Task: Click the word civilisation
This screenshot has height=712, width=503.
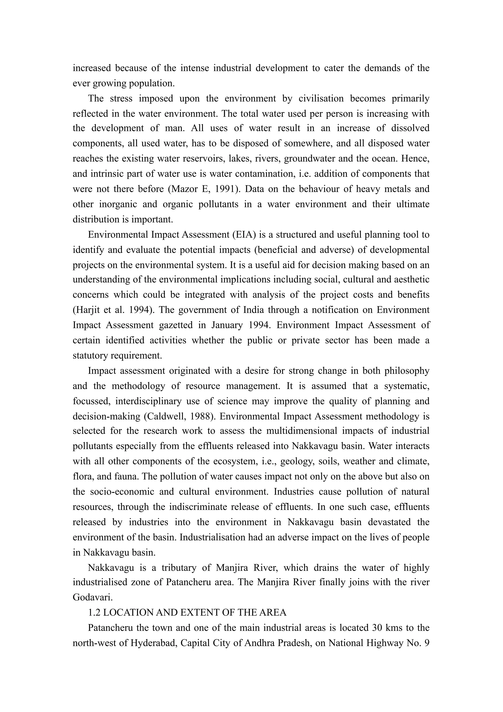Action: pos(321,98)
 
